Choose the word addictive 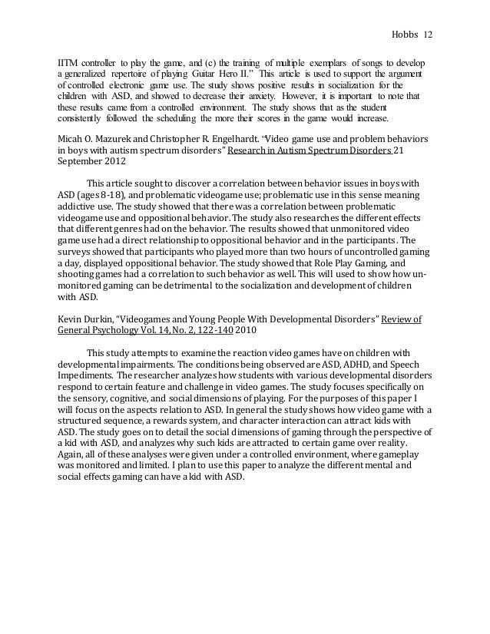pyautogui.click(x=81, y=207)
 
